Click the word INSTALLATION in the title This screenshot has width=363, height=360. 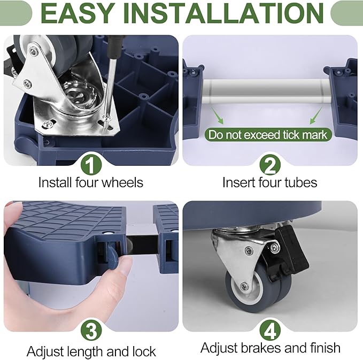click(x=222, y=13)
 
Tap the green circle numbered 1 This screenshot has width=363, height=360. click(x=91, y=165)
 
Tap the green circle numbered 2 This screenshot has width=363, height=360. click(x=270, y=165)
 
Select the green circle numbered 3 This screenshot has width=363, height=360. click(x=91, y=331)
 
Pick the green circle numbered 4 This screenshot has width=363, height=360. click(x=270, y=331)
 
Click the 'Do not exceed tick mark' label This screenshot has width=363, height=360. click(x=268, y=135)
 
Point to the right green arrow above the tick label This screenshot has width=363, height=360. click(x=316, y=115)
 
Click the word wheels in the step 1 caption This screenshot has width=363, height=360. click(x=122, y=182)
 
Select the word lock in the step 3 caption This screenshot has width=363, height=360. click(x=144, y=351)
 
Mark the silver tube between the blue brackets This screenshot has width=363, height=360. click(x=266, y=91)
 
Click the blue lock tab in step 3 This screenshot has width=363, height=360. click(x=112, y=257)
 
